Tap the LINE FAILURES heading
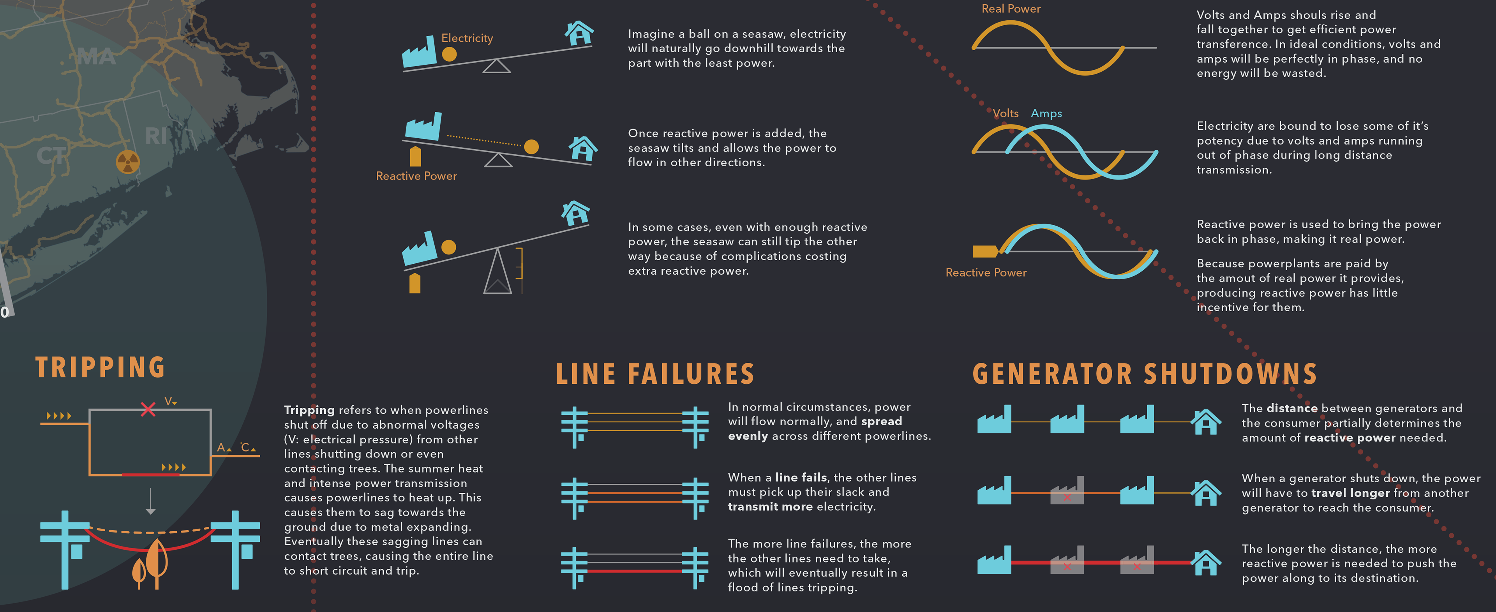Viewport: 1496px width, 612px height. [x=654, y=374]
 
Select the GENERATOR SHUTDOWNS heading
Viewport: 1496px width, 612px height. [x=1144, y=374]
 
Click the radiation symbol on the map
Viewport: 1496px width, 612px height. [x=128, y=162]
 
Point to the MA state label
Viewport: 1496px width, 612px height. [x=96, y=57]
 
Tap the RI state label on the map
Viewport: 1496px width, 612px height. [x=156, y=136]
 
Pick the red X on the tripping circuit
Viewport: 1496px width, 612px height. [x=148, y=409]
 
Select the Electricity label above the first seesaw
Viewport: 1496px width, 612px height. [x=467, y=38]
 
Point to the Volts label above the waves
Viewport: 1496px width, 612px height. [x=1005, y=114]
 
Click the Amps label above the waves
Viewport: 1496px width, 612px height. [x=1046, y=114]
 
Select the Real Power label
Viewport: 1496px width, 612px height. [x=1011, y=9]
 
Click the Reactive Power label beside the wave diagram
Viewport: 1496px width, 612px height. [x=986, y=272]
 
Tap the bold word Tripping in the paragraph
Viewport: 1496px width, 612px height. [x=309, y=410]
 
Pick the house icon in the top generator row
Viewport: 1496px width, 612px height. [x=1206, y=422]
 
